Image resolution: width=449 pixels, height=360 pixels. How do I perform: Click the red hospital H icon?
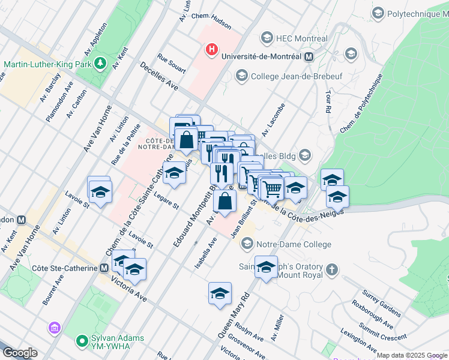click(x=211, y=49)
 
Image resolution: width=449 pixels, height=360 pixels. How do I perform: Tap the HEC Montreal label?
click(x=301, y=38)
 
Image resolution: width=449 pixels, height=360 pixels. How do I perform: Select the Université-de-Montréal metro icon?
click(x=309, y=56)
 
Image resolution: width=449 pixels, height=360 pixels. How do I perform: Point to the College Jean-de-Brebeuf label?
click(x=291, y=76)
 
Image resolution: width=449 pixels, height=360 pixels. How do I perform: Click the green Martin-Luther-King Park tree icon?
click(x=101, y=62)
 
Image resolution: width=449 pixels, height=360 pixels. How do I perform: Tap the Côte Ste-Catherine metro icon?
click(x=105, y=268)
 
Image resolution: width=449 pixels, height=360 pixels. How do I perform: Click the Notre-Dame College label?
click(x=294, y=244)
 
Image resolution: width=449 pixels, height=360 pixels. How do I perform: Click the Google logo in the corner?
click(x=19, y=353)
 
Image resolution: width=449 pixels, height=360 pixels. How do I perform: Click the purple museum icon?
click(x=55, y=328)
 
